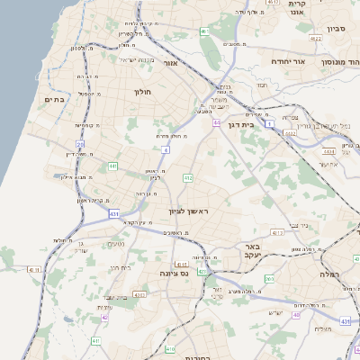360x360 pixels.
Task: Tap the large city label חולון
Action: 144,92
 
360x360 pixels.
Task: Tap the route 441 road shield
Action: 112,166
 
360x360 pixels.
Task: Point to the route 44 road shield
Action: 217,122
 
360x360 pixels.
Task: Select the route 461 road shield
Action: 205,31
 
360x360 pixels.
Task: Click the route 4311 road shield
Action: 35,269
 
